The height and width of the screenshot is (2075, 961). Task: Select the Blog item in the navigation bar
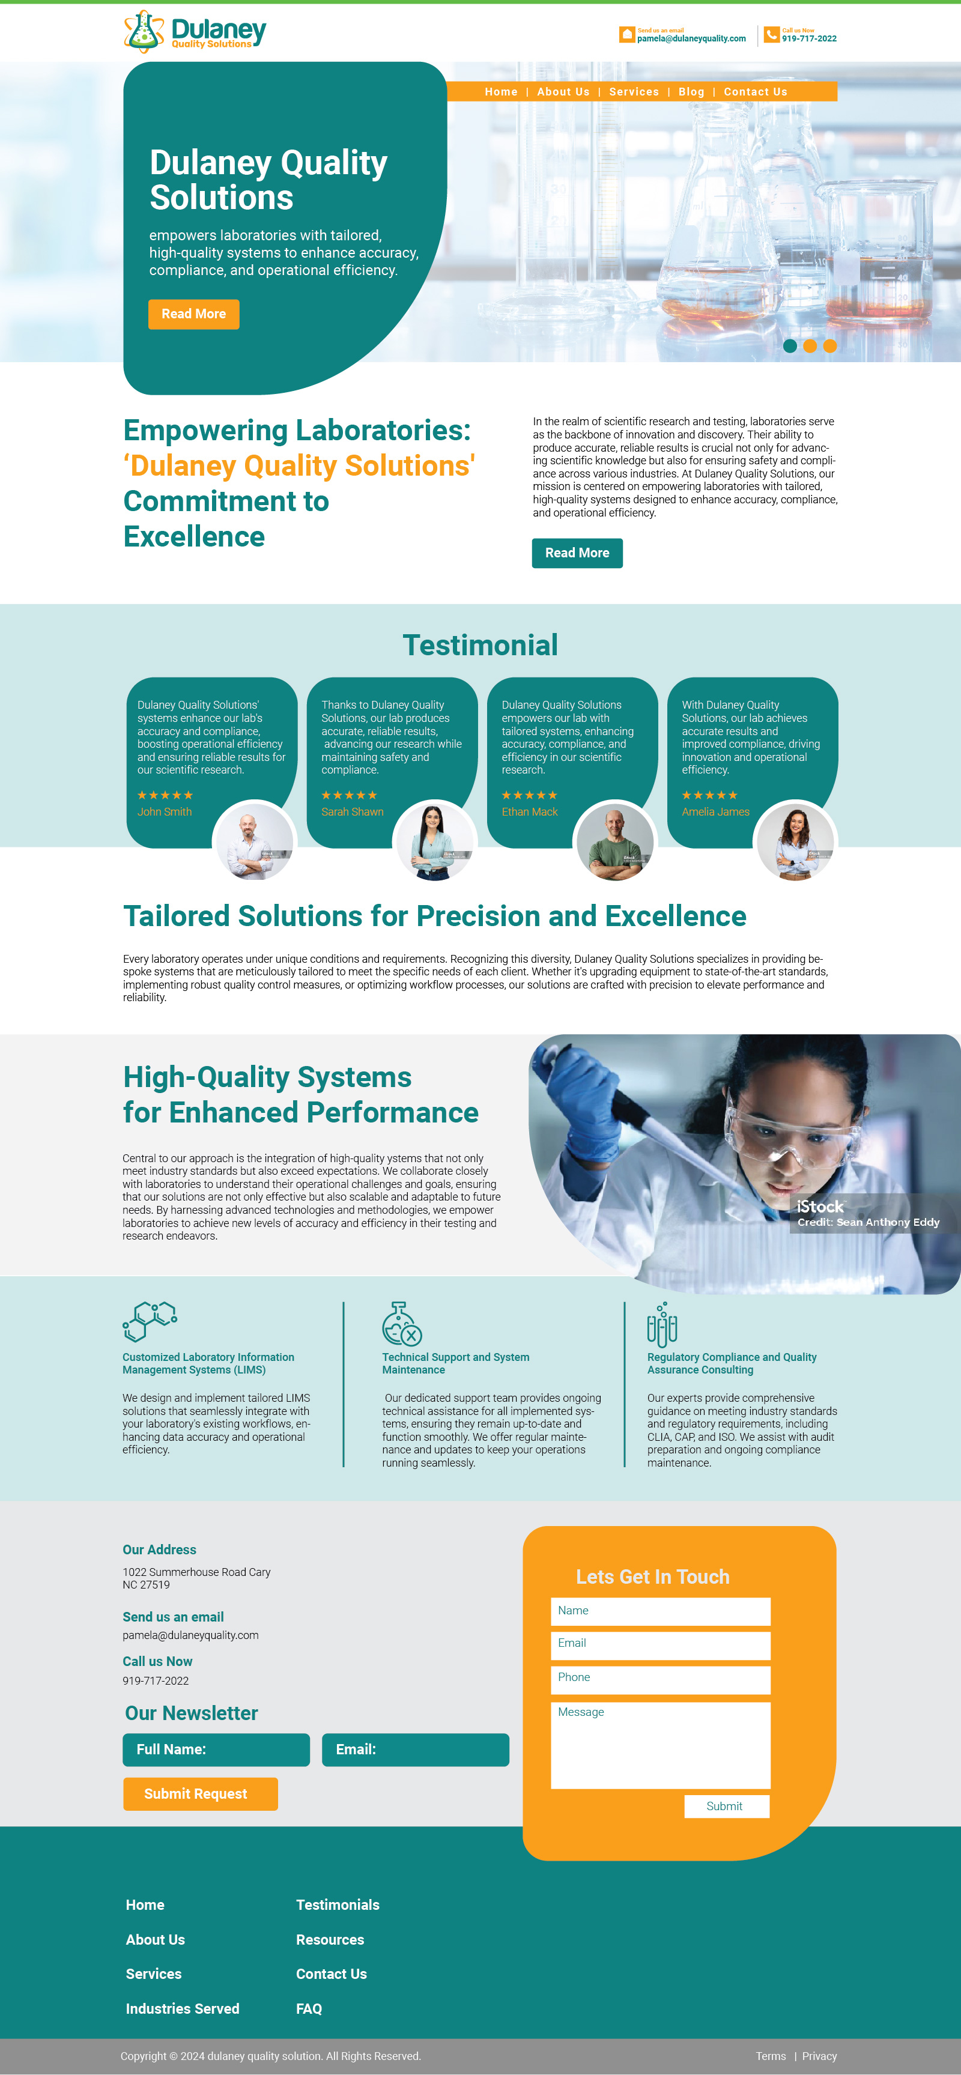coord(691,92)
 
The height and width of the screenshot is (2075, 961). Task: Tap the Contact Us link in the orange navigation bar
coord(756,92)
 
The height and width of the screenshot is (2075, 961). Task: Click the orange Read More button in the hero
coord(193,314)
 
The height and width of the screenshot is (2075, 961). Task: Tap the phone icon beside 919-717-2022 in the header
coord(771,35)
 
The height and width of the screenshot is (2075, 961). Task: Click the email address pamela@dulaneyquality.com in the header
coord(691,38)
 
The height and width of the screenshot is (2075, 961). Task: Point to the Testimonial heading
coord(480,645)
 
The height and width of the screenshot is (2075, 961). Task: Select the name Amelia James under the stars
coord(715,812)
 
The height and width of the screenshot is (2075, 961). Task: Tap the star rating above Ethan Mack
coord(529,795)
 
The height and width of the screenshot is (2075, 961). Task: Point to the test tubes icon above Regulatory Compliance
coord(662,1324)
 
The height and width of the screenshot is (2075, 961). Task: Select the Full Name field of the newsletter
coord(216,1749)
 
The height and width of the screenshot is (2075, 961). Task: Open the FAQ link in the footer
coord(309,2009)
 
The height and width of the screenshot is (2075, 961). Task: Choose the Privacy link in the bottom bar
coord(819,2056)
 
